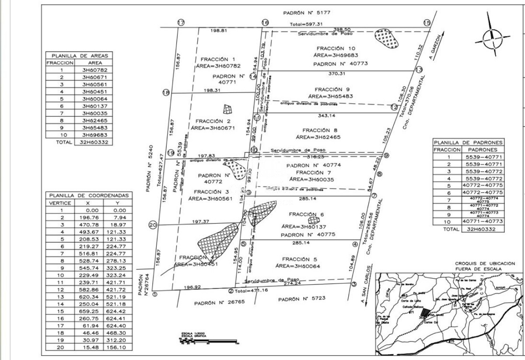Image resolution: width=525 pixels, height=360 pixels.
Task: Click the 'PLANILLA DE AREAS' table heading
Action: click(x=79, y=56)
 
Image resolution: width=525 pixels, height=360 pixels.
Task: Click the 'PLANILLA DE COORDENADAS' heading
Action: click(x=89, y=196)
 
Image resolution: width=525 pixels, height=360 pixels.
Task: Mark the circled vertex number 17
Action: click(x=181, y=23)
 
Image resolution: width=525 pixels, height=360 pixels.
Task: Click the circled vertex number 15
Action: click(x=427, y=23)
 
